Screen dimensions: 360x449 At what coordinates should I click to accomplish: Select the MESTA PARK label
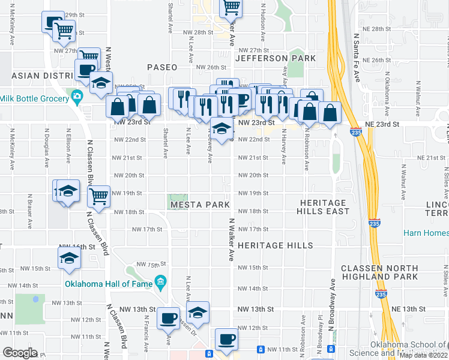(200, 205)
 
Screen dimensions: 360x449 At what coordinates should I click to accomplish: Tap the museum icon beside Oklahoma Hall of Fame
(160, 281)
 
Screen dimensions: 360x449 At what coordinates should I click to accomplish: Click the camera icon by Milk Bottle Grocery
(77, 95)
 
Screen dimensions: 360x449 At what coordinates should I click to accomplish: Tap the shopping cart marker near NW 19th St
(98, 195)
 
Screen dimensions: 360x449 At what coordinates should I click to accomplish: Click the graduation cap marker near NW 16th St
(69, 257)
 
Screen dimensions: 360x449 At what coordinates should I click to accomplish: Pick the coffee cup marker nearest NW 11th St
(226, 339)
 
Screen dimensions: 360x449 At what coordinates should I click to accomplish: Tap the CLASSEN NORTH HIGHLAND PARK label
(379, 272)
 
